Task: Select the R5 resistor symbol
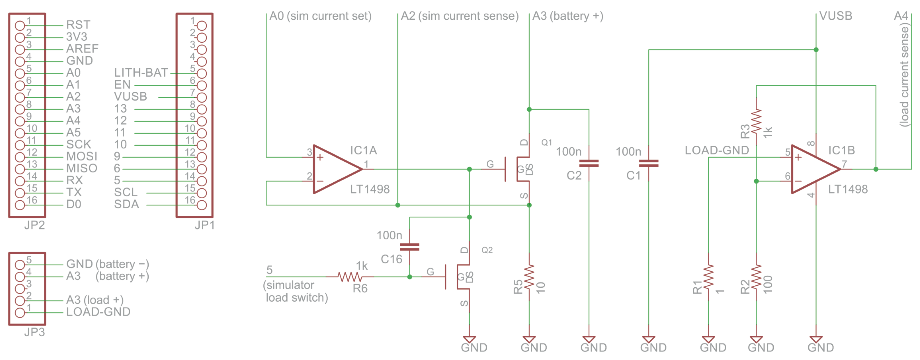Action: click(x=529, y=277)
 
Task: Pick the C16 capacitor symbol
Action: click(x=410, y=247)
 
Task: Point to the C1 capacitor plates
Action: click(x=648, y=163)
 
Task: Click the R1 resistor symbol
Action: click(x=708, y=277)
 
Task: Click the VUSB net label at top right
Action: click(x=835, y=16)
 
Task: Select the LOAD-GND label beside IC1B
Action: click(x=716, y=150)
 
